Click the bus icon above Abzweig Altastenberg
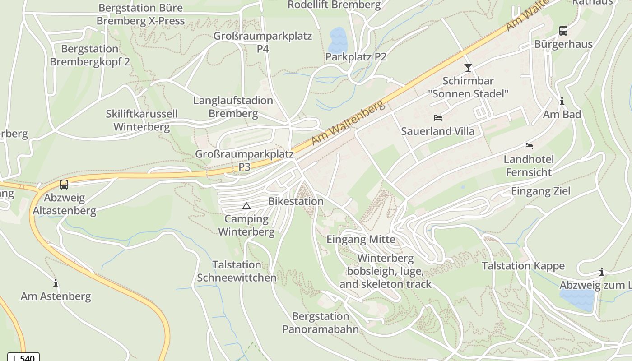click(x=64, y=185)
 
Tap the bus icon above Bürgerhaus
click(x=563, y=31)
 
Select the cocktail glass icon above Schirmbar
click(x=468, y=68)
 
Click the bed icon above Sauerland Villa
click(x=437, y=118)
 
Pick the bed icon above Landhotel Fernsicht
click(x=528, y=146)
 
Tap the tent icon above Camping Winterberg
click(x=246, y=206)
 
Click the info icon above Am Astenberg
click(x=56, y=283)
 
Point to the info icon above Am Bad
click(x=562, y=102)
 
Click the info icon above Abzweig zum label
click(x=601, y=272)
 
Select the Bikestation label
click(x=296, y=201)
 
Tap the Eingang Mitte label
click(x=361, y=239)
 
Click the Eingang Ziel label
click(x=540, y=191)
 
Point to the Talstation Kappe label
click(x=523, y=266)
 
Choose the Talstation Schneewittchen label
click(x=237, y=271)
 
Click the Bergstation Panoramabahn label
click(x=321, y=323)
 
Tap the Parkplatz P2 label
click(x=356, y=57)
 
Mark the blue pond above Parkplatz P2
click(x=338, y=40)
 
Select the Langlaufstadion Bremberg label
click(x=233, y=107)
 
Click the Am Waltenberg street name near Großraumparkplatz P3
click(x=348, y=123)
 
